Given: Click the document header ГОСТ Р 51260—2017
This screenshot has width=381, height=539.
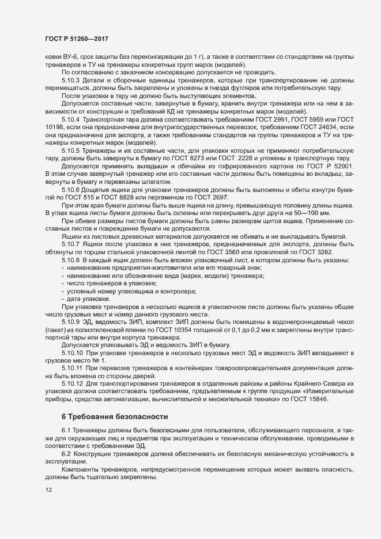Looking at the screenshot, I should pos(77,39).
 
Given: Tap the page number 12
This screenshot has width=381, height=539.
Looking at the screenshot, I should pos(48,490).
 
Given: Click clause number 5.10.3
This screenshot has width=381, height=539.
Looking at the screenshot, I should pos(71,80).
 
